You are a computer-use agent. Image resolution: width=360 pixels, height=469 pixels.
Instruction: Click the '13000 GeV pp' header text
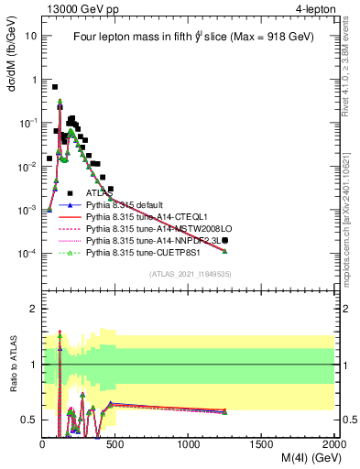coord(75,10)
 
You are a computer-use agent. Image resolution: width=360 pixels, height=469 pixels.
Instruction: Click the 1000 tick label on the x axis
coord(189,444)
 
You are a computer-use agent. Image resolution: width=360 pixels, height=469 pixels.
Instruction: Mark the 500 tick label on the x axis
coord(116,444)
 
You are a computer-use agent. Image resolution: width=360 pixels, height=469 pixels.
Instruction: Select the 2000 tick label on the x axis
coord(333,444)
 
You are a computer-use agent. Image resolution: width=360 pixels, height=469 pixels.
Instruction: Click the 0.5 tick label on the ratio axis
coord(31,420)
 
